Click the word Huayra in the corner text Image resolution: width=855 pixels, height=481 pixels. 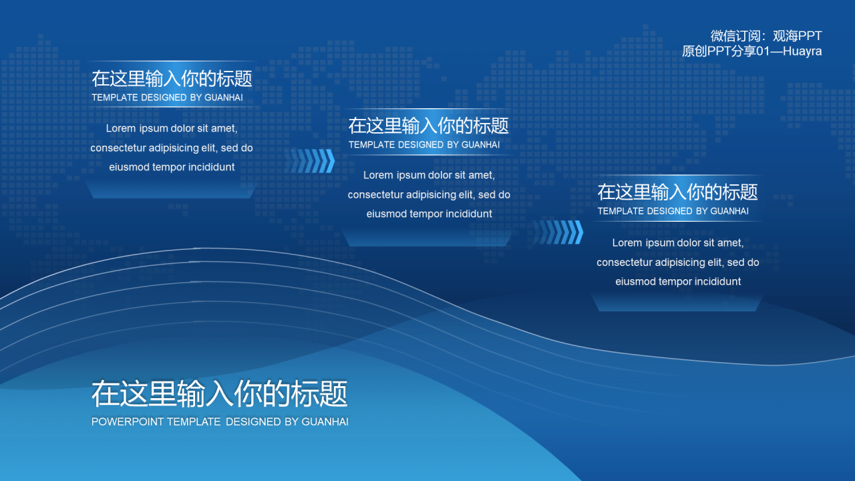coord(802,51)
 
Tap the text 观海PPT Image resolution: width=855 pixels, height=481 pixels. coord(798,36)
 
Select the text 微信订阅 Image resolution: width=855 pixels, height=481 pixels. coord(735,36)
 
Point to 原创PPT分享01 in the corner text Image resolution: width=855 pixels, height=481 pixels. coord(725,51)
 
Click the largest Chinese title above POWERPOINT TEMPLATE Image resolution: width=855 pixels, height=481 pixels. coord(220,393)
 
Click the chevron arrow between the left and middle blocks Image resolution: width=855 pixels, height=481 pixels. coord(310,161)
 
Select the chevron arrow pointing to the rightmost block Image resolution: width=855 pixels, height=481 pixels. coord(558,232)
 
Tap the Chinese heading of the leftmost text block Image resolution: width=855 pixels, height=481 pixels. coord(172,79)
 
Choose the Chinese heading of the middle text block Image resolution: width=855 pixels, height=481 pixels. coord(428,126)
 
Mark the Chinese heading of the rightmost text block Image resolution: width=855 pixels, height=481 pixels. coord(677,192)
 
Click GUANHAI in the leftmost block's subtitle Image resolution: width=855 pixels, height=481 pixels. coord(224,98)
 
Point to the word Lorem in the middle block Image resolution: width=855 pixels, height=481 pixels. coord(378,175)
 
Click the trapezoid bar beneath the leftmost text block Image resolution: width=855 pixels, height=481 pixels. coord(171,190)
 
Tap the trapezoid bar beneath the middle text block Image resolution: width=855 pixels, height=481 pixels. coord(427,238)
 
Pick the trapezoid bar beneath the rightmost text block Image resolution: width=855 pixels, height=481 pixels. coord(677,303)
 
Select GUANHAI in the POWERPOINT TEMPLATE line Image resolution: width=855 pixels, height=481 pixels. coord(325,422)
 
